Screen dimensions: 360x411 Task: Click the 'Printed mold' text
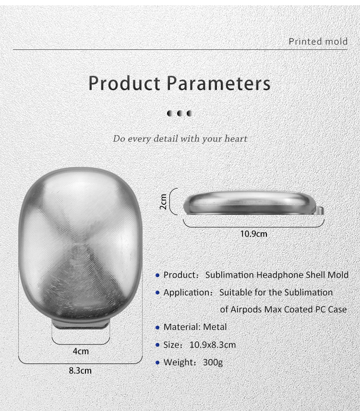[x=318, y=41]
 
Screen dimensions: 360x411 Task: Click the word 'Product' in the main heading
[x=124, y=83]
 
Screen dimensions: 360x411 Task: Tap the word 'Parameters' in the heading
[x=218, y=83]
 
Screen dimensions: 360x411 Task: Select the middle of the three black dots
[x=180, y=113]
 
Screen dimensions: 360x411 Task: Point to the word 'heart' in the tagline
[x=236, y=139]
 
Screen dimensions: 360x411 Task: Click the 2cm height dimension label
[x=163, y=201]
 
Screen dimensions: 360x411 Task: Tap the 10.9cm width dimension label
[x=254, y=234]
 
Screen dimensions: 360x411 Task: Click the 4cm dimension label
[x=81, y=351]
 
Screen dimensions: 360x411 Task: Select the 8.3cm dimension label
[x=80, y=371]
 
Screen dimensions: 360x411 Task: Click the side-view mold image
[x=253, y=203]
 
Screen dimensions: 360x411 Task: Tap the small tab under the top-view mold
[x=81, y=324]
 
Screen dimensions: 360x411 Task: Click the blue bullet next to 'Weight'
[x=157, y=363]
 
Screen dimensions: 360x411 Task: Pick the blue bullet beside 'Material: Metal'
[x=157, y=328]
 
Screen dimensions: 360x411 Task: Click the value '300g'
[x=213, y=363]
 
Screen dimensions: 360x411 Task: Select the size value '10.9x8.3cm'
[x=213, y=345]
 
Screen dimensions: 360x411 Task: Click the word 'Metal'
[x=215, y=327]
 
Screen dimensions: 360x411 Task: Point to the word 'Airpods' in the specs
[x=246, y=309]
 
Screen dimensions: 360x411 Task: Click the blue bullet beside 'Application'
[x=157, y=293]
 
